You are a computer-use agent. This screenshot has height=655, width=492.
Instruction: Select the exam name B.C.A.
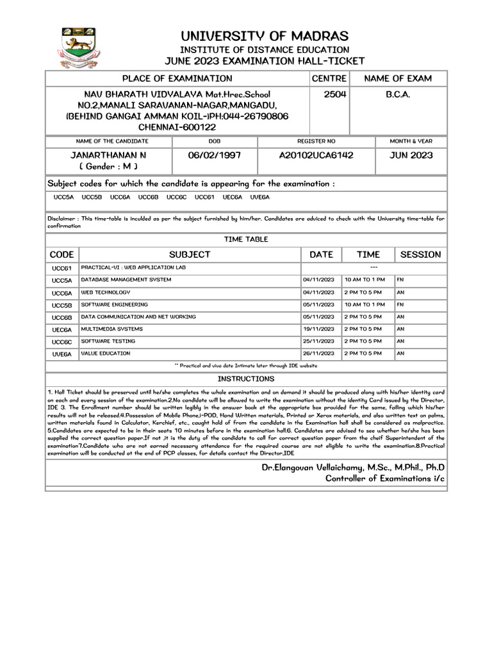(x=397, y=94)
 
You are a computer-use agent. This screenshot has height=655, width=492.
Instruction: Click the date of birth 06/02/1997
(x=215, y=155)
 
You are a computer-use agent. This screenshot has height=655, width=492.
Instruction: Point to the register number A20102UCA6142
(x=316, y=155)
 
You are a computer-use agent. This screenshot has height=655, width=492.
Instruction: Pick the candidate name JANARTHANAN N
(x=108, y=155)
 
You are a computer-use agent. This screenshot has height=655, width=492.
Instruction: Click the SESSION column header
(x=420, y=255)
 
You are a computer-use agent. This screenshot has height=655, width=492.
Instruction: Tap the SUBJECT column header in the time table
(x=190, y=255)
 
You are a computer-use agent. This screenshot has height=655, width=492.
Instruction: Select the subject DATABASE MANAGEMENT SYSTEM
(x=126, y=280)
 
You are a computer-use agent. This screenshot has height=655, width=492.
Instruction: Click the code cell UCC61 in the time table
(x=61, y=268)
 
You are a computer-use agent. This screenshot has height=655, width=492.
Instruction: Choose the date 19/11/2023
(x=319, y=329)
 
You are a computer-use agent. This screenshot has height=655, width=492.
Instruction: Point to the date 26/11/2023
(x=319, y=353)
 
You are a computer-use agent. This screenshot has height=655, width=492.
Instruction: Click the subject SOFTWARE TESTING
(x=108, y=341)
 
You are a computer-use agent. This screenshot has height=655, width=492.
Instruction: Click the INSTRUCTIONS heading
(x=246, y=379)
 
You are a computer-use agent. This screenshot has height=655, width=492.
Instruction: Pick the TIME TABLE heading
(x=246, y=239)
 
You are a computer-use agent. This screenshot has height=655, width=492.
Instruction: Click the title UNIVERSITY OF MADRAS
(x=264, y=36)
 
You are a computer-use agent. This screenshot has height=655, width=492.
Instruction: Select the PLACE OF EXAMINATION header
(x=177, y=79)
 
